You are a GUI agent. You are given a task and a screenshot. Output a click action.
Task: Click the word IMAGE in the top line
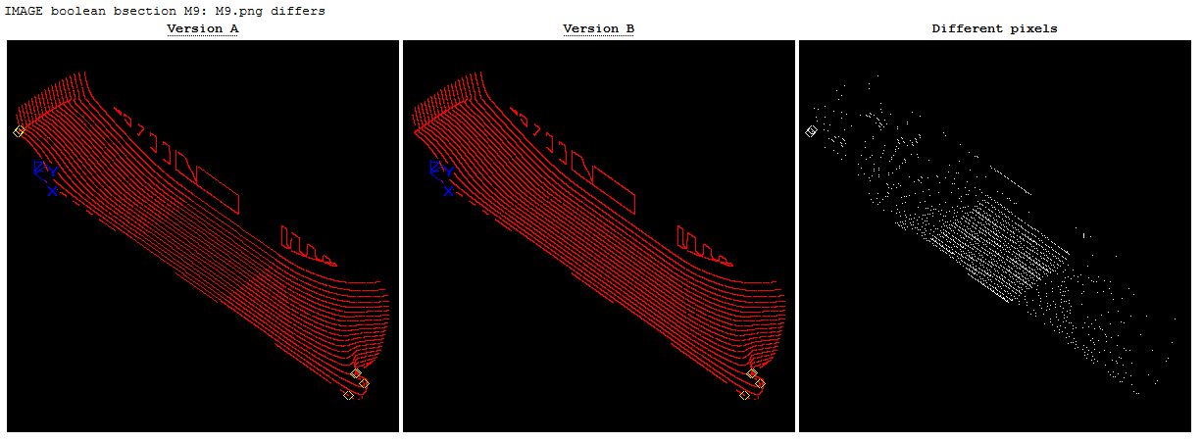(x=24, y=11)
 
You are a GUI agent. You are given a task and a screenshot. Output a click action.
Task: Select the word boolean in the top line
(x=77, y=11)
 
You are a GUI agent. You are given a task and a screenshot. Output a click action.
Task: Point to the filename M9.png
(x=238, y=11)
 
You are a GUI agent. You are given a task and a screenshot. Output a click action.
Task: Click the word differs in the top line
(x=297, y=11)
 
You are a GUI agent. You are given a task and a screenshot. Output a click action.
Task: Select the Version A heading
(x=202, y=28)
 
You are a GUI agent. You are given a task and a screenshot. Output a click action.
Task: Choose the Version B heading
(x=598, y=28)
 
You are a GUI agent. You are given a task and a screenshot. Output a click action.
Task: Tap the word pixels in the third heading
(x=1033, y=28)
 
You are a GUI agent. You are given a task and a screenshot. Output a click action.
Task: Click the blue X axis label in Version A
(x=52, y=191)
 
